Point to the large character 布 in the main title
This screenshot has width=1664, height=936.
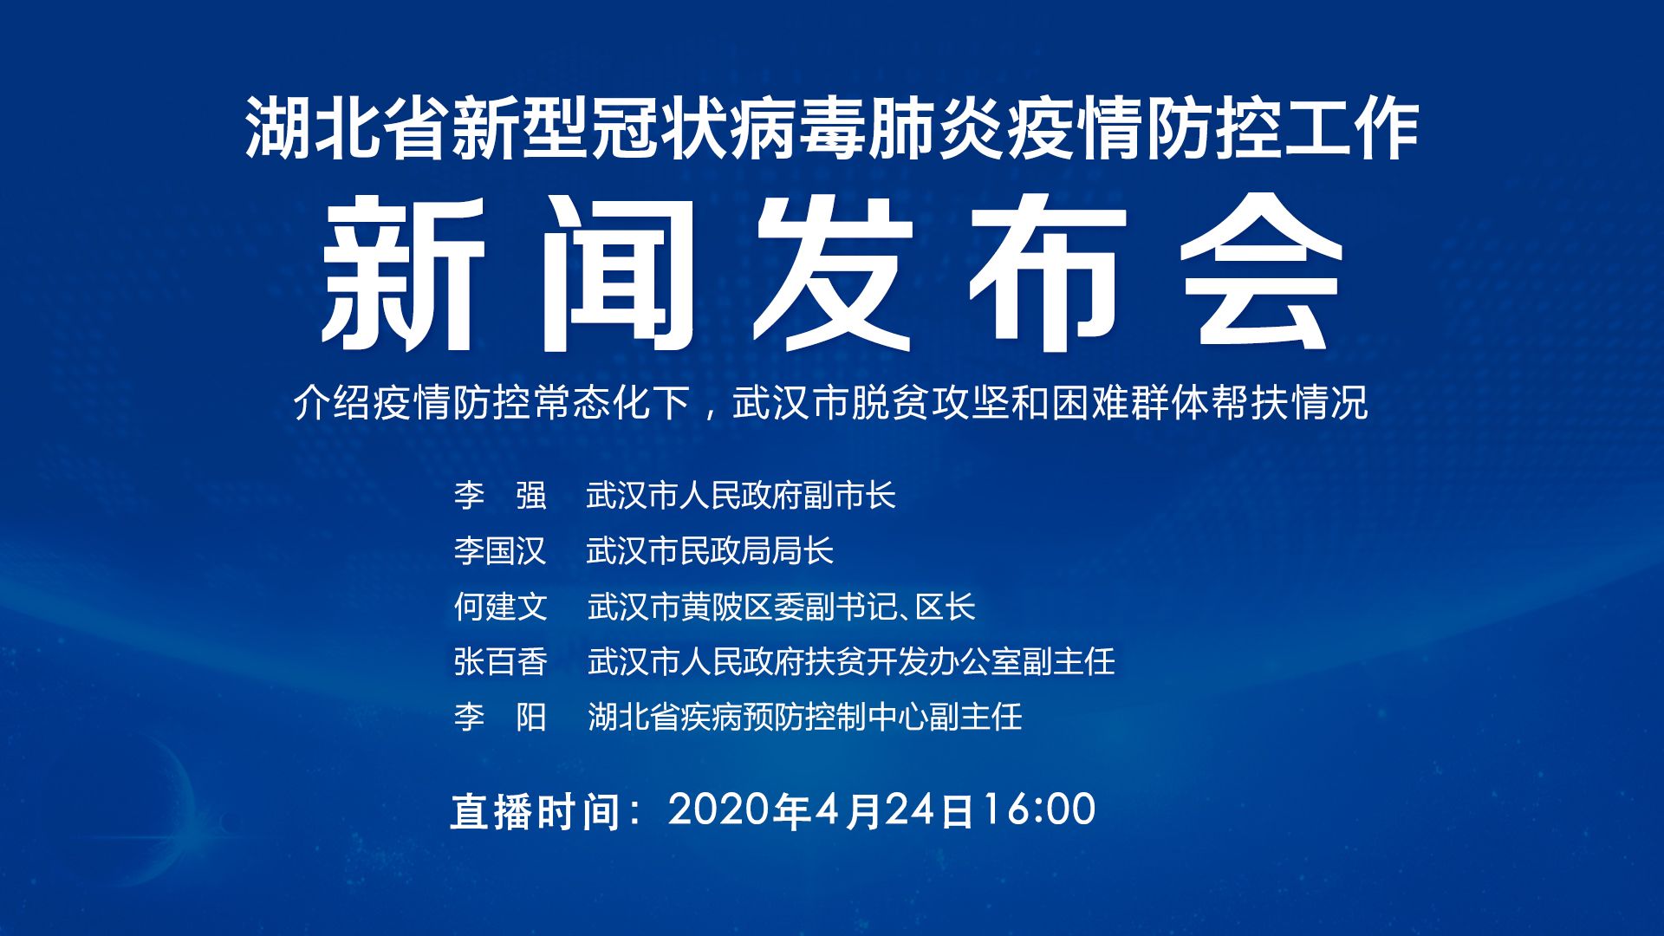click(1048, 274)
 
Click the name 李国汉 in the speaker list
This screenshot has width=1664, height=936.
click(500, 551)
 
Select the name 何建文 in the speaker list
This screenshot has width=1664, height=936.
click(500, 607)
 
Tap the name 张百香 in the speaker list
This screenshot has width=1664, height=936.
click(500, 662)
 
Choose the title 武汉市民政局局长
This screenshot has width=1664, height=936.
click(710, 551)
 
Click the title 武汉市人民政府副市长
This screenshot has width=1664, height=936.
click(741, 496)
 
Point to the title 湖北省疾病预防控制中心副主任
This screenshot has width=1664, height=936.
click(805, 718)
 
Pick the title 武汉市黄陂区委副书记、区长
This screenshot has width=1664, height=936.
click(782, 607)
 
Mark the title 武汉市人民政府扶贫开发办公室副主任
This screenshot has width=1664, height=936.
click(851, 662)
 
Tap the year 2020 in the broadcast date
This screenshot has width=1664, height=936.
click(719, 809)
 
